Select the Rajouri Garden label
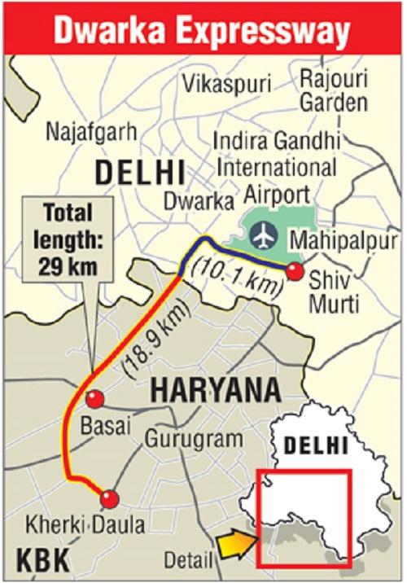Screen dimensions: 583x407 [x=333, y=90]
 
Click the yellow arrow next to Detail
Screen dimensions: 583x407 [x=234, y=539]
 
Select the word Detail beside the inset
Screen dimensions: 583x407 [x=188, y=559]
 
